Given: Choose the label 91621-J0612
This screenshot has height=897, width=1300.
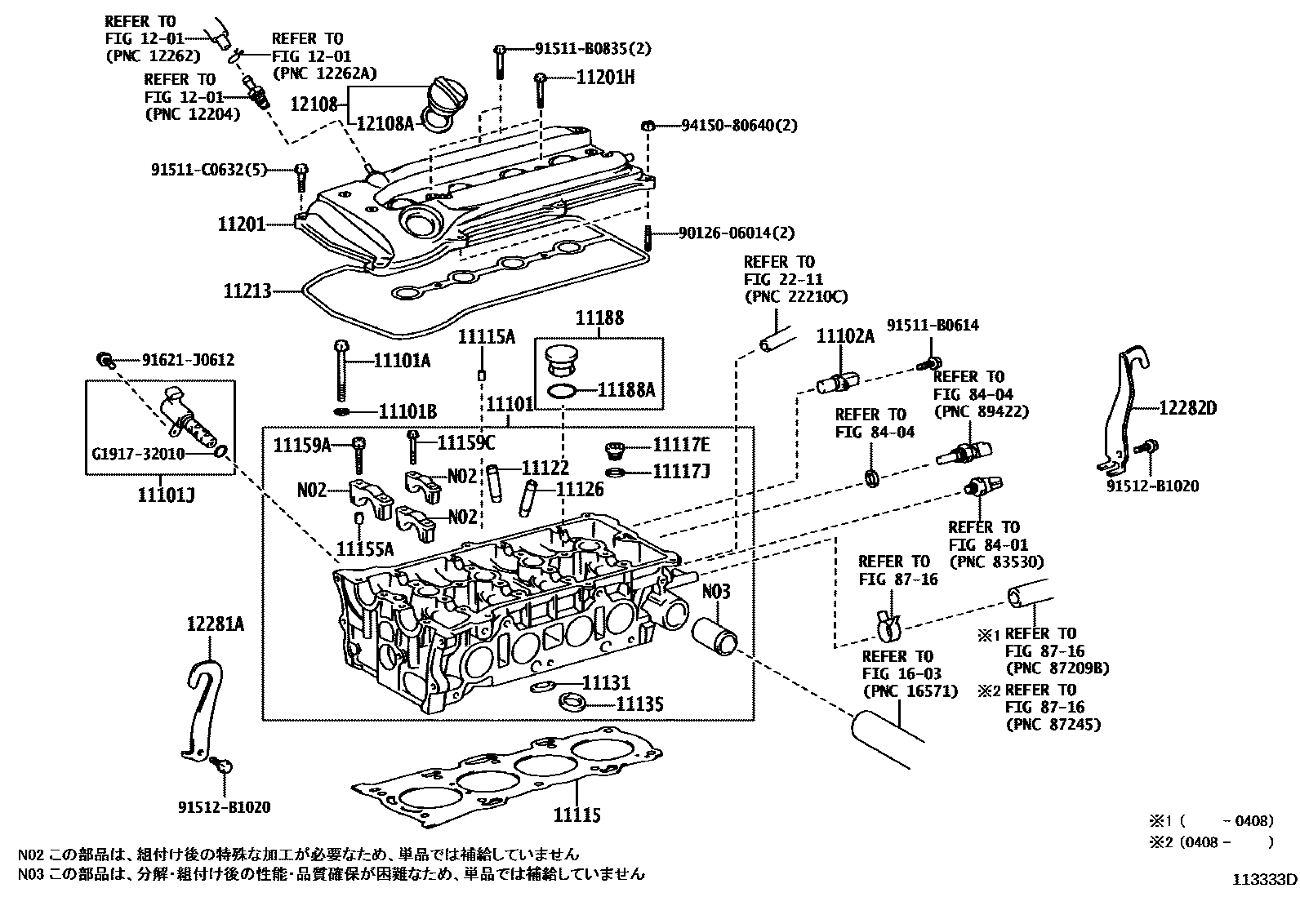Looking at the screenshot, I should tap(188, 359).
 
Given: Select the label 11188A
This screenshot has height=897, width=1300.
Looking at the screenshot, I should tap(626, 389).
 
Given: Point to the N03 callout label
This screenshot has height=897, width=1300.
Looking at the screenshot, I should tap(716, 591).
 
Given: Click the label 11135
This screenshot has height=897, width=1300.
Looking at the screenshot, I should tap(639, 704).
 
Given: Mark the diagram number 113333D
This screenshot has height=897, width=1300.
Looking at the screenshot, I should tap(1264, 879).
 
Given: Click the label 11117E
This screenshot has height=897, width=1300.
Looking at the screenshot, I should tap(681, 445).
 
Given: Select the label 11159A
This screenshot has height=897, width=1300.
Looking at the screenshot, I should tap(301, 445).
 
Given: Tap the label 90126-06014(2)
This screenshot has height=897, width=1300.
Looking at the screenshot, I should tap(736, 233).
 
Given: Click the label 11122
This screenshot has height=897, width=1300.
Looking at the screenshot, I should tap(545, 468).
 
